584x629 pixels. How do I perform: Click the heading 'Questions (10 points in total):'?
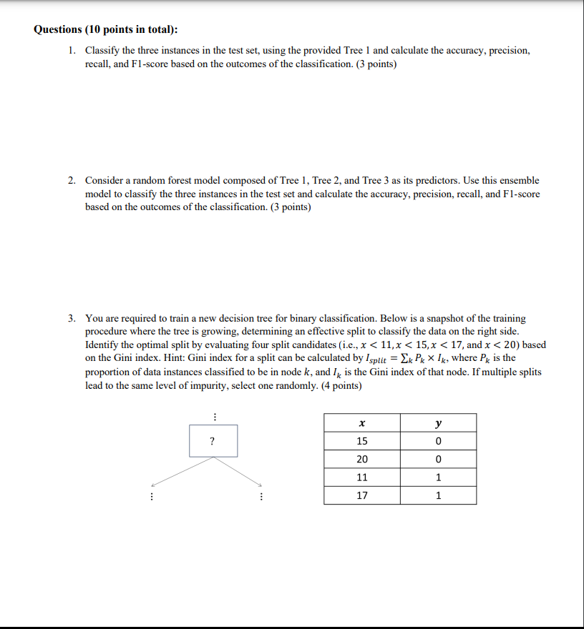tap(106, 30)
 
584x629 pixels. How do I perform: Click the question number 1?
tap(72, 51)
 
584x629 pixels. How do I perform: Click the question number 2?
tap(72, 181)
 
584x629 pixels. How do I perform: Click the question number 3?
tap(72, 318)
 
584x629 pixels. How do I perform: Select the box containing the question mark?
tap(213, 441)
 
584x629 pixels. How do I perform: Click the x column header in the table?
tap(361, 423)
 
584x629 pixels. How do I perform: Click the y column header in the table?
tap(438, 423)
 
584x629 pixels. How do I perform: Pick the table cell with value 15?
tap(361, 441)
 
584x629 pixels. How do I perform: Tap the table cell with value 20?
tap(361, 460)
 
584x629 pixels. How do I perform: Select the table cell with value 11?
tap(361, 477)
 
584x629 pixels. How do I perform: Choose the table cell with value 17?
tap(361, 495)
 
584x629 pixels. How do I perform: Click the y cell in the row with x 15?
tap(438, 441)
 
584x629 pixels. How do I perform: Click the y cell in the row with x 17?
tap(438, 495)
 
